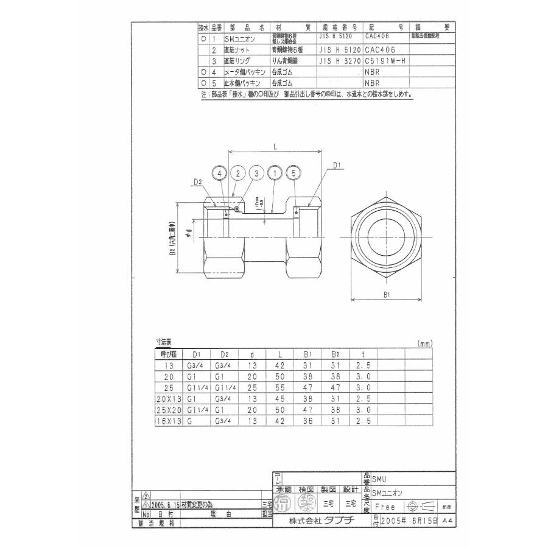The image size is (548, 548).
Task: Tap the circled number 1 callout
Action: pos(275,174)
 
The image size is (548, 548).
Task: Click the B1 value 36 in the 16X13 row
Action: pos(307,421)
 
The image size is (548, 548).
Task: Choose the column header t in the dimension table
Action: pos(364,354)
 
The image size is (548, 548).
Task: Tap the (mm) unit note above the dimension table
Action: pos(424,344)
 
